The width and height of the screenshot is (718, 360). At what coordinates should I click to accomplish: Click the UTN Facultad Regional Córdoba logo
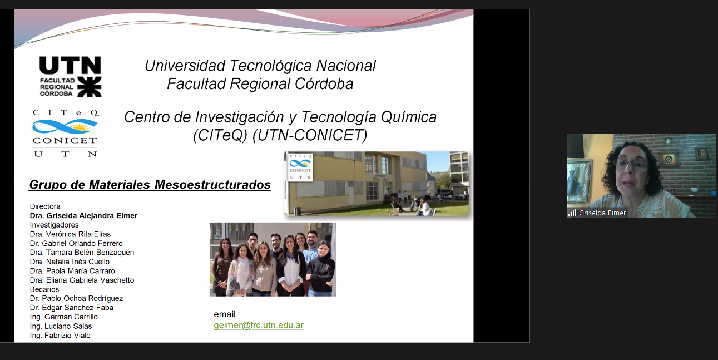click(x=70, y=77)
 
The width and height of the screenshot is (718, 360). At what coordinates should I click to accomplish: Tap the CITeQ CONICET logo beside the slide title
click(x=66, y=133)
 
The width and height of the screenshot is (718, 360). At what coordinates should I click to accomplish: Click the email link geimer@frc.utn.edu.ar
click(x=259, y=325)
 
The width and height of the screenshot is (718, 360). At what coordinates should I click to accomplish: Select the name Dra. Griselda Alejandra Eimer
click(x=83, y=216)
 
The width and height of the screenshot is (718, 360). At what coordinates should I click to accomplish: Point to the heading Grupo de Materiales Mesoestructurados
click(x=150, y=185)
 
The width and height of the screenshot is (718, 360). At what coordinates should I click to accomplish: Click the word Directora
click(x=45, y=206)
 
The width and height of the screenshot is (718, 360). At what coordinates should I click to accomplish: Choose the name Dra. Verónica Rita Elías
click(x=70, y=234)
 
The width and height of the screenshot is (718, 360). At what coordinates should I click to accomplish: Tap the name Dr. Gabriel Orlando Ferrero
click(x=76, y=244)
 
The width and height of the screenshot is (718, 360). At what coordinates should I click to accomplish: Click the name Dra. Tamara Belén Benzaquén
click(x=82, y=253)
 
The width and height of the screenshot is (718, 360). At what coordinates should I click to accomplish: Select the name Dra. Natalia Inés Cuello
click(x=70, y=262)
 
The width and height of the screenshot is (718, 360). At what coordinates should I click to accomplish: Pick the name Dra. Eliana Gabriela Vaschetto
click(x=82, y=280)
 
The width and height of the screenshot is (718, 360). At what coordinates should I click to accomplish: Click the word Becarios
click(x=44, y=289)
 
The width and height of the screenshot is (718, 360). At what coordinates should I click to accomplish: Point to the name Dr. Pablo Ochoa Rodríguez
click(x=76, y=298)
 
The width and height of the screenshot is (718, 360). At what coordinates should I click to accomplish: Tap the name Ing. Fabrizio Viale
click(x=60, y=336)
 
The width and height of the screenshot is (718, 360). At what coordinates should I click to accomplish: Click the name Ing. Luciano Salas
click(x=61, y=327)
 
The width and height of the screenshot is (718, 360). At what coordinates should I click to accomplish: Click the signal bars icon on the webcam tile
click(x=572, y=213)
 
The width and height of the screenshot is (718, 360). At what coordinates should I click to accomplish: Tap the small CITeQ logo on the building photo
click(x=300, y=167)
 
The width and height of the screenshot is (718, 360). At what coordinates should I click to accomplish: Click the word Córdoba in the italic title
click(x=324, y=84)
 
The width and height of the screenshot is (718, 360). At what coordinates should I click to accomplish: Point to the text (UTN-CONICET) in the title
click(x=310, y=135)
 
